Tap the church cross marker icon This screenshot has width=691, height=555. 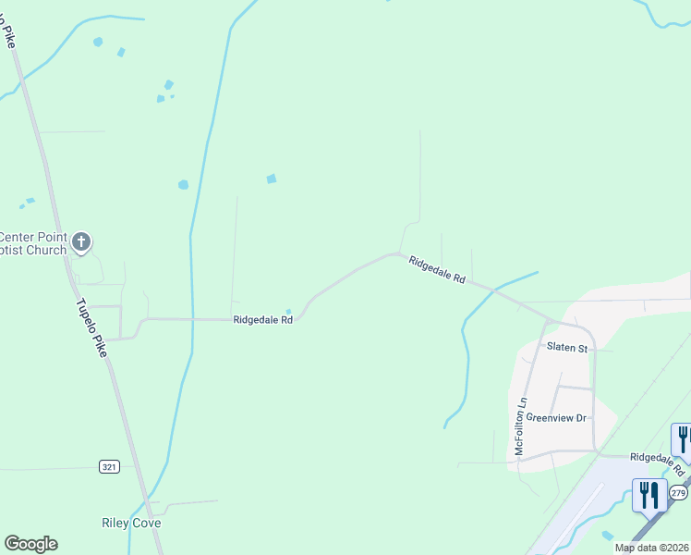tap(81, 242)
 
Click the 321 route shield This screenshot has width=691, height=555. tap(110, 467)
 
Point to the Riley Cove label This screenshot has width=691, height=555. tap(131, 523)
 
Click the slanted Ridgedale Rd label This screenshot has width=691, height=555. tap(436, 270)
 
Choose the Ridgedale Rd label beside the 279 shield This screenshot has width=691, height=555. tap(660, 458)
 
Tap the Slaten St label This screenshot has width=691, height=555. tap(566, 348)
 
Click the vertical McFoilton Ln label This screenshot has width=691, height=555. tap(521, 425)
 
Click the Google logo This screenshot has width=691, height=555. tap(30, 544)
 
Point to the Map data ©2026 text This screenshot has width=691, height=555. tap(651, 548)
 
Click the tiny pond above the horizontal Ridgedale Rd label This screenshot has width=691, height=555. tap(288, 311)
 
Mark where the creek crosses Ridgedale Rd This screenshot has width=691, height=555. tap(494, 291)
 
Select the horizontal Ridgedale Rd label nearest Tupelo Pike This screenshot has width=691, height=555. tap(262, 320)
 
